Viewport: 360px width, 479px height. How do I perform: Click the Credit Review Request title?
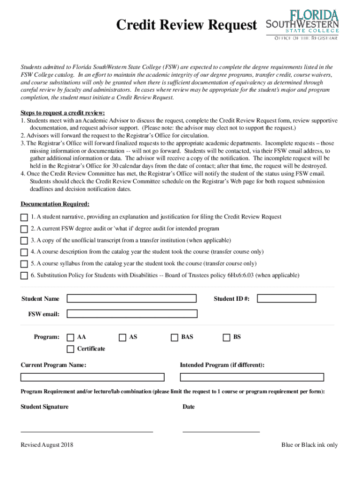(x=187, y=25)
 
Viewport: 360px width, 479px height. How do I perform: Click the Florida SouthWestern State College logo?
(x=302, y=24)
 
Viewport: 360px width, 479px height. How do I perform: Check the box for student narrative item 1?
(x=24, y=218)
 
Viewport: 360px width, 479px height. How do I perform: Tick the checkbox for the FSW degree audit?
(x=24, y=229)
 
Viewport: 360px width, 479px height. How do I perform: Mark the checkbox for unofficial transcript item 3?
(x=24, y=241)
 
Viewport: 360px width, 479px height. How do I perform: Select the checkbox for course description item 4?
(x=24, y=253)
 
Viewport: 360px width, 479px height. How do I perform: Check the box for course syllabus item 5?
(x=24, y=264)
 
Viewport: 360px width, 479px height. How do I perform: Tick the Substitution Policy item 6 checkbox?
(x=24, y=276)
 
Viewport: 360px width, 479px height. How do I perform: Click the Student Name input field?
(x=131, y=298)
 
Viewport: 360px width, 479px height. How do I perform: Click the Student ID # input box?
(x=287, y=298)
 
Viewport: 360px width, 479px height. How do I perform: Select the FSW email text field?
(x=131, y=314)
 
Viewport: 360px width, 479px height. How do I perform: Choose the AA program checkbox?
(x=71, y=337)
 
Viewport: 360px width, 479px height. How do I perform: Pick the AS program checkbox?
(x=122, y=337)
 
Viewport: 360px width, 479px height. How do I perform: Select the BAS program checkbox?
(x=174, y=337)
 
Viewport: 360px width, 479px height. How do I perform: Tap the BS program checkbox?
(x=227, y=337)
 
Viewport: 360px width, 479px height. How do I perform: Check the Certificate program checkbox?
(x=71, y=349)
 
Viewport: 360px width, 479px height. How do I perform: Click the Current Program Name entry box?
(x=92, y=377)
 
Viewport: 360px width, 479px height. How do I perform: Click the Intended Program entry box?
(x=252, y=377)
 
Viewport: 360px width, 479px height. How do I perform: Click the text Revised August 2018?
(x=47, y=445)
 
